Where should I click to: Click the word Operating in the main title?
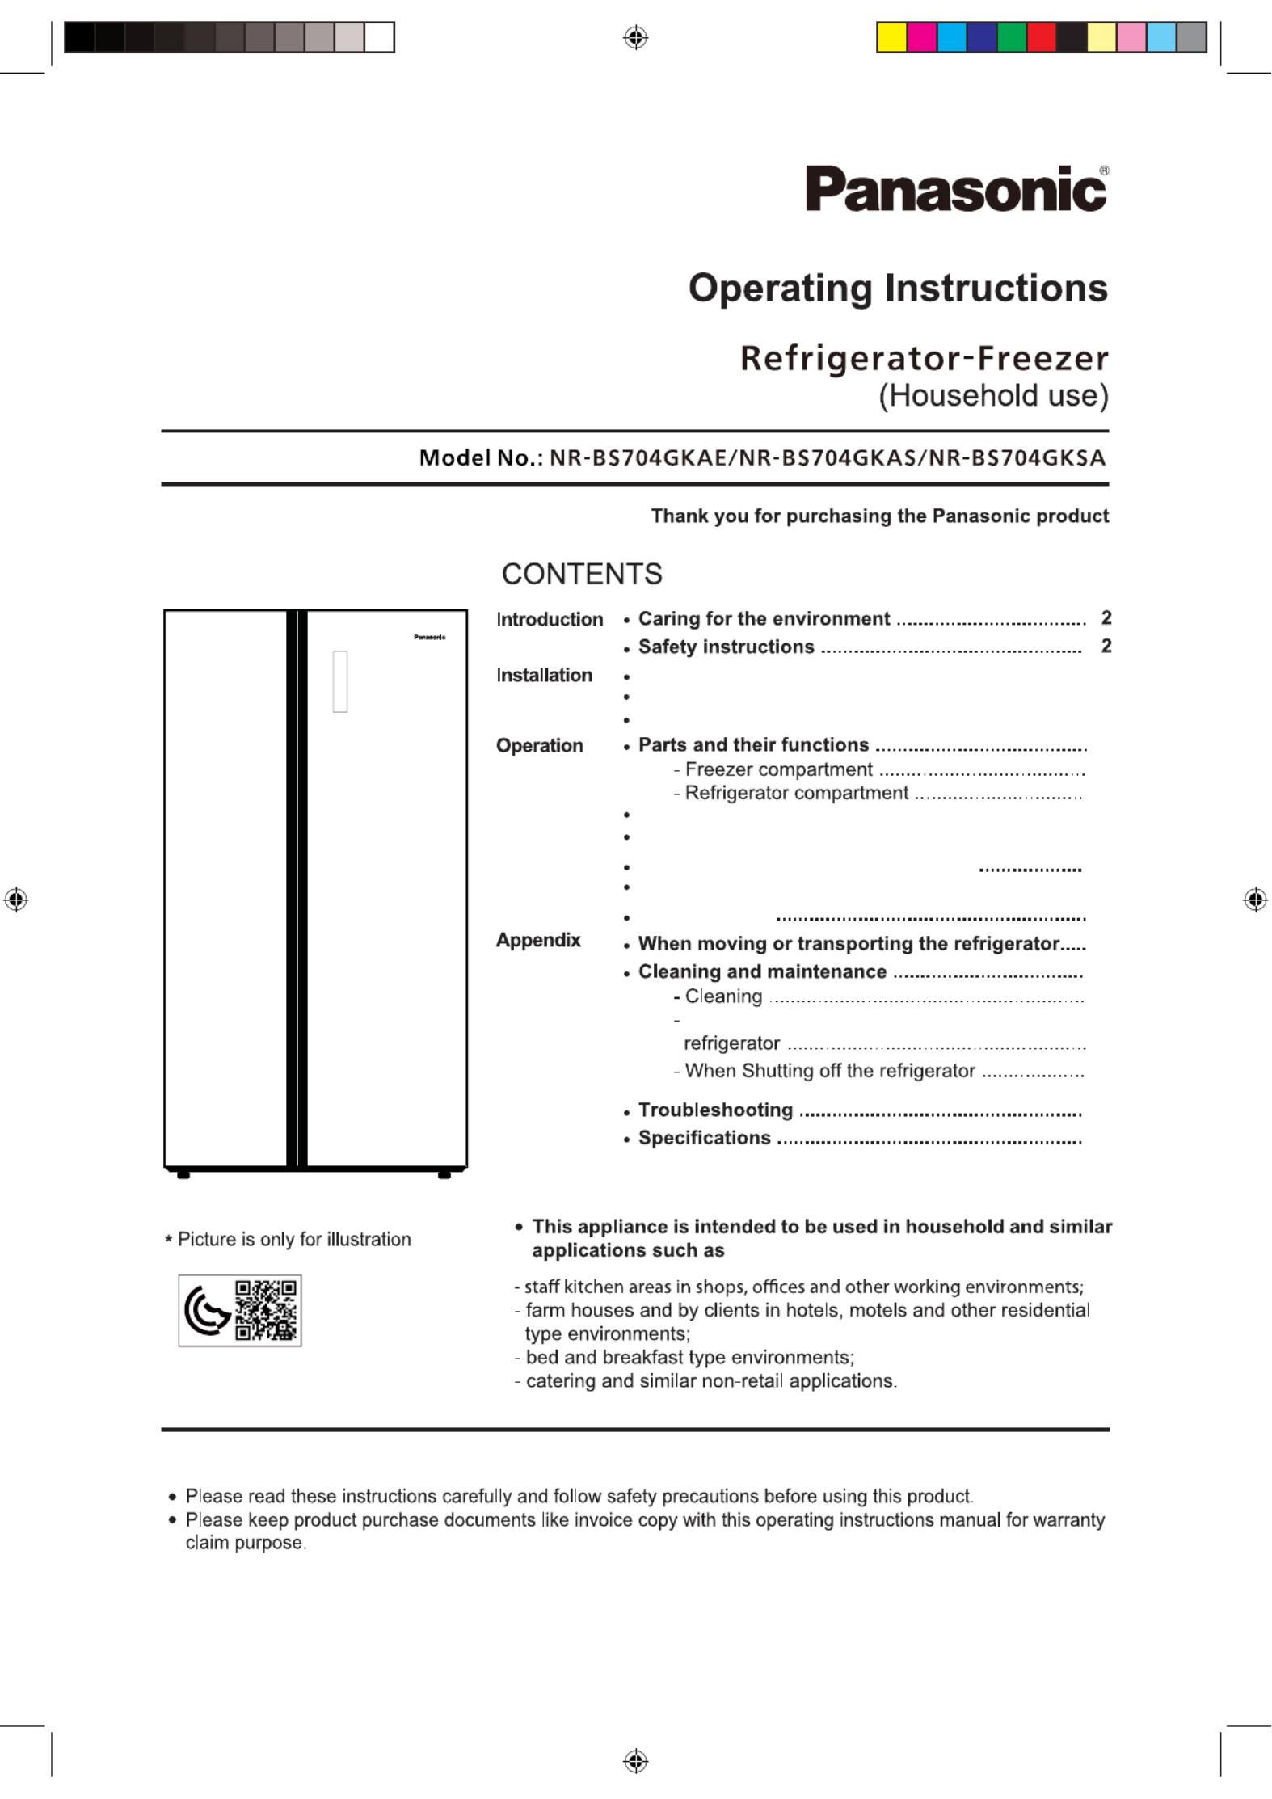[781, 289]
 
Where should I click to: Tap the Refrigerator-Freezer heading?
[924, 358]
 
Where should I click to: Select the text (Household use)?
[993, 396]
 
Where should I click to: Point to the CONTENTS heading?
[581, 574]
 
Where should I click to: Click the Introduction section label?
[550, 620]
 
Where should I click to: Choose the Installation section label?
[544, 675]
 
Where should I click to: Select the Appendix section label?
[538, 940]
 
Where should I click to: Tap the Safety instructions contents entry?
[726, 647]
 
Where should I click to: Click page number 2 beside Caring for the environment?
[1106, 618]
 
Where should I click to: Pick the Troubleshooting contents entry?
[715, 1110]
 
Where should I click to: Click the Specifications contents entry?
[704, 1138]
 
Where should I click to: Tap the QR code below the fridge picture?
[266, 1310]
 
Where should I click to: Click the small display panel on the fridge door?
[340, 681]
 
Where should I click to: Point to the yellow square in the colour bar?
[891, 38]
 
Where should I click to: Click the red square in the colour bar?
[1042, 38]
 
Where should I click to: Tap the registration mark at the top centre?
[636, 37]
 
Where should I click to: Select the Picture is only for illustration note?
[293, 1239]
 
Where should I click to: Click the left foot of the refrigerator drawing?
[183, 1175]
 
